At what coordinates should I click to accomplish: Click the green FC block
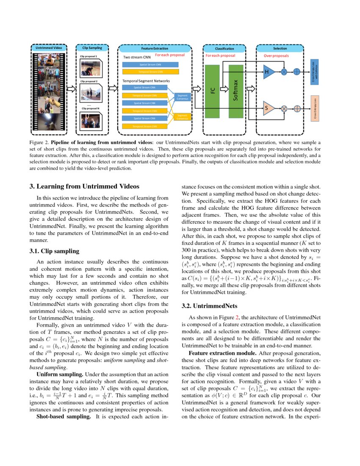(213, 91)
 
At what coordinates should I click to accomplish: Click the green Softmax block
(236, 91)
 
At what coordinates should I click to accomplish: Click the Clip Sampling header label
(92, 48)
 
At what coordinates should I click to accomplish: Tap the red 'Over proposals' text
(276, 55)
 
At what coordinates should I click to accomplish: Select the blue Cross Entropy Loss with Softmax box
(314, 72)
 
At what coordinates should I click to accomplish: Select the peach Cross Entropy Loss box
(314, 108)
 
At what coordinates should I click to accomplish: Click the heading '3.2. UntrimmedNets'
(205, 305)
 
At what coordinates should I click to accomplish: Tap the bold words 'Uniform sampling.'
(60, 374)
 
